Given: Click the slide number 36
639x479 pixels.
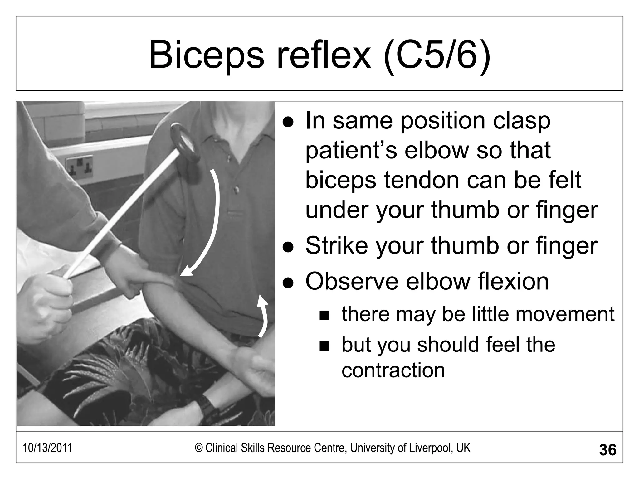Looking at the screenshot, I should (x=607, y=450).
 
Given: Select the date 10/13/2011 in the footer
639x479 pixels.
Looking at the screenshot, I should (x=47, y=448).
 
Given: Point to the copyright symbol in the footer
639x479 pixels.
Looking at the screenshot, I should (x=199, y=448).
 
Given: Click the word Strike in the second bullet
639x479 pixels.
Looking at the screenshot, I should (x=337, y=245).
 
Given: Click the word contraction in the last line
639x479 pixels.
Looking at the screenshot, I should (x=393, y=370).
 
